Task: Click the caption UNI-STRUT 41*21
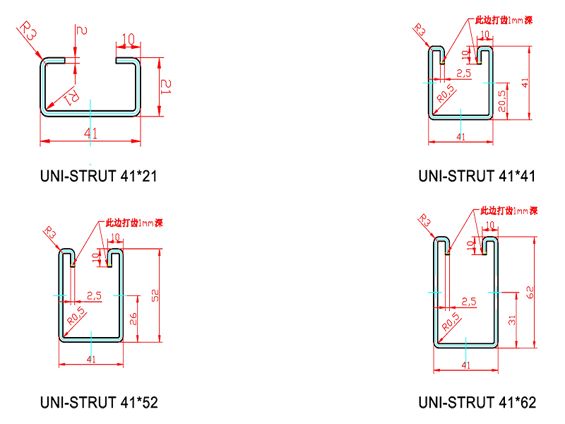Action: coord(99,175)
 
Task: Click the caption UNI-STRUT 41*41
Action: coord(477,175)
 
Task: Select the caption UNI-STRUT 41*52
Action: coord(99,403)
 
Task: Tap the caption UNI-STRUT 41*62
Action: coord(477,403)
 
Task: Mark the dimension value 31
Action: coord(512,320)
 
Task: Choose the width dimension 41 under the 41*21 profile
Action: coord(90,134)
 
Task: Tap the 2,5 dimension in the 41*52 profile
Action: coord(94,294)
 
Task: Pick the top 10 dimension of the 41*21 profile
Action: coord(129,38)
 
